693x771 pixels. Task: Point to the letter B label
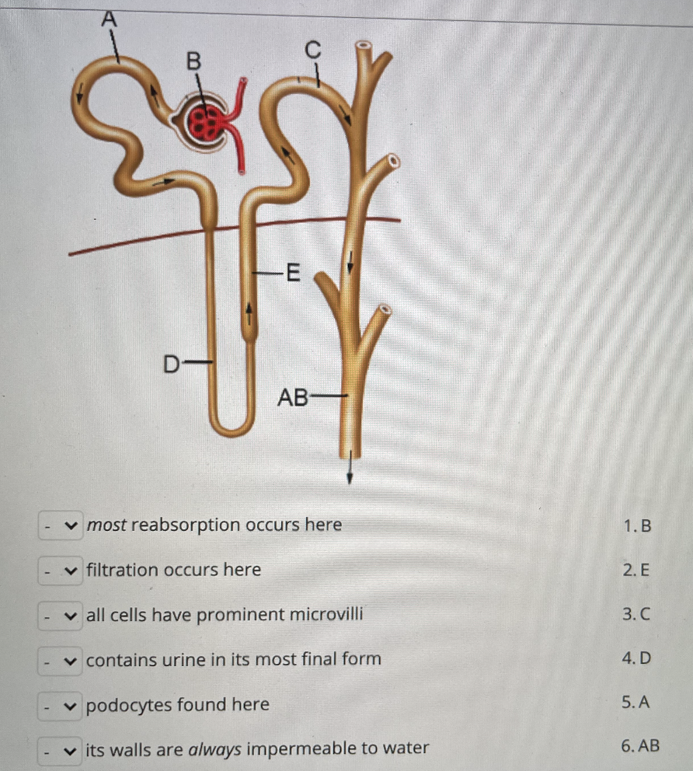pos(193,60)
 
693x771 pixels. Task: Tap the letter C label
pos(312,50)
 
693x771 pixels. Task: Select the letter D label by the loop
pos(170,362)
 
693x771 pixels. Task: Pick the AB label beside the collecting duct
pos(293,398)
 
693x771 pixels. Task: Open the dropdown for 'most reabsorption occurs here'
pos(61,525)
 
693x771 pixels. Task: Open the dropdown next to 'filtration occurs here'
pos(61,570)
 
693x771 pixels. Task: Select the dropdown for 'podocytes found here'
pos(61,705)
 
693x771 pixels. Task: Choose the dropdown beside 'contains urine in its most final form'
pos(61,660)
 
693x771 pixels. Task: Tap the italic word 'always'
pos(217,748)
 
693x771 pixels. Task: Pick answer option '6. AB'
pos(641,747)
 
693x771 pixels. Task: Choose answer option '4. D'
pos(637,659)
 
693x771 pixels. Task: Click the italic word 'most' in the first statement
pos(106,525)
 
